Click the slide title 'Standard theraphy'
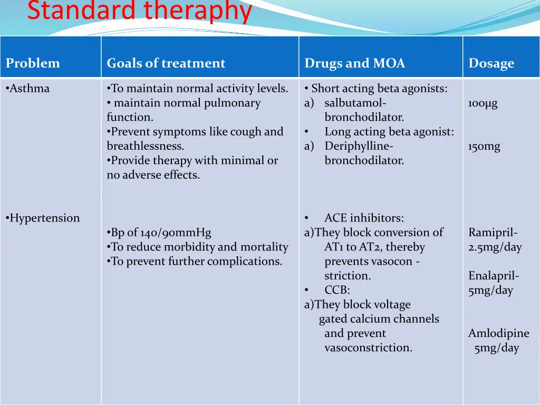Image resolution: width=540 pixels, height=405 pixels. (139, 12)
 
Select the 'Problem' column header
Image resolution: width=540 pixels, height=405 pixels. (33, 63)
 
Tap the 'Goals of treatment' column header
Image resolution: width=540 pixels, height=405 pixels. (166, 63)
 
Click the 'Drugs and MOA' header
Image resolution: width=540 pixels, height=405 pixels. (354, 63)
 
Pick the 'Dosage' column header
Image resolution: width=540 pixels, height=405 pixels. (491, 64)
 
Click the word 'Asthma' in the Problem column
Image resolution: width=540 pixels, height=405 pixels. (30, 89)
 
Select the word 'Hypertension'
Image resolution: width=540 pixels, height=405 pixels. (44, 218)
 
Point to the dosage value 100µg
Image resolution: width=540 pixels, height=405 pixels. (483, 103)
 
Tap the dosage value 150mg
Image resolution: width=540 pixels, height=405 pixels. (484, 147)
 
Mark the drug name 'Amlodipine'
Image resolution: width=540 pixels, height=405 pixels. (498, 333)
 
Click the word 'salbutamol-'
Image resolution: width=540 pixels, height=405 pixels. (355, 103)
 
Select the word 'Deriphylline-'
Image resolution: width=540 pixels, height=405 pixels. (359, 147)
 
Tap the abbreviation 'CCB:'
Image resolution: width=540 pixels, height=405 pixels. (337, 290)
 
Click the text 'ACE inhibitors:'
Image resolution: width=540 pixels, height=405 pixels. (364, 218)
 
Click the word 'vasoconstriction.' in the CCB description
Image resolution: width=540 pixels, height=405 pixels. (368, 348)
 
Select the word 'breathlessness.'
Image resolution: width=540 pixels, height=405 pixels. (145, 147)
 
